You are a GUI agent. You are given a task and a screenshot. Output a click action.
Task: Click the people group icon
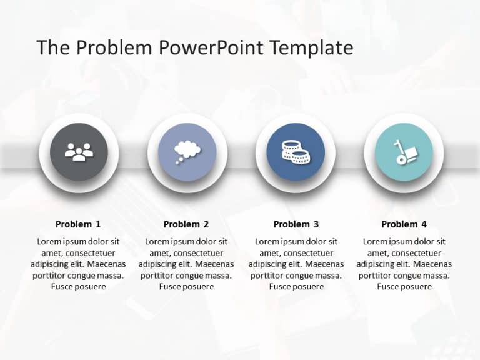coord(79,152)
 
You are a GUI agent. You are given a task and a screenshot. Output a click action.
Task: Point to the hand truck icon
coord(403,152)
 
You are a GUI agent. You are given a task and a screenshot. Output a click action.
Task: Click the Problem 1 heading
coord(78,224)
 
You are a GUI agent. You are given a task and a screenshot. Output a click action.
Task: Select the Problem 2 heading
coord(186,224)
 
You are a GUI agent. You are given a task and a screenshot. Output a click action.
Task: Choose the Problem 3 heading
coord(296,224)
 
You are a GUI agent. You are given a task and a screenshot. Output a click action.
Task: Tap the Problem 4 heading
coord(404,224)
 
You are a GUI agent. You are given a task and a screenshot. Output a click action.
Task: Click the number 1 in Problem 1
coord(97,224)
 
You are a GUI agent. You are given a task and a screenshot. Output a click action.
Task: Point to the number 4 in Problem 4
coord(424,224)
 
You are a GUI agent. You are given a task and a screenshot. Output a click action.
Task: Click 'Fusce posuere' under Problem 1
coord(78,287)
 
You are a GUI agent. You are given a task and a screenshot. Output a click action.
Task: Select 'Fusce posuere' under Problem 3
coord(296,287)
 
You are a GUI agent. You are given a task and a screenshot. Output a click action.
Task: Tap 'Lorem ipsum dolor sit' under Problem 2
coord(186,242)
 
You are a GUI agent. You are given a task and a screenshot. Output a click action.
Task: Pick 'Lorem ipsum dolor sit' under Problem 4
coord(404,242)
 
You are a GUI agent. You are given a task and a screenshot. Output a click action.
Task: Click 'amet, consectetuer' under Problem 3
coord(296,253)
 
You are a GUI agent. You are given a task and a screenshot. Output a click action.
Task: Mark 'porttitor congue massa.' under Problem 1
coord(78,276)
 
